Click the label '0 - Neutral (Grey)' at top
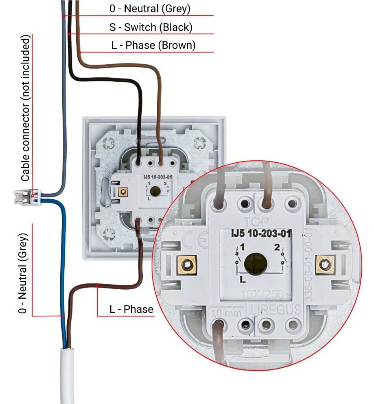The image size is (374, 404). coord(150,9)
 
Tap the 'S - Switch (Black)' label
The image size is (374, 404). coord(151,27)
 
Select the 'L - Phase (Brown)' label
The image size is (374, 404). coord(153,45)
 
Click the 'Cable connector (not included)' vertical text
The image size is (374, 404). coord(25,108)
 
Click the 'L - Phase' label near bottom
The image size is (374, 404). coord(131,310)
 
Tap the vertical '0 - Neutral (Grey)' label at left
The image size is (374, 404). coord(24,273)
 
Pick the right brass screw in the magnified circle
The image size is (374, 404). coord(324,265)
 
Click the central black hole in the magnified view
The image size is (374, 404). coord(256,264)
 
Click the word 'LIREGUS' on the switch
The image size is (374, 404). coord(277,309)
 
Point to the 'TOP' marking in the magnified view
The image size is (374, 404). coord(254,221)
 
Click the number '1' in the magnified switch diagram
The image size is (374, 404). coord(243,247)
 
